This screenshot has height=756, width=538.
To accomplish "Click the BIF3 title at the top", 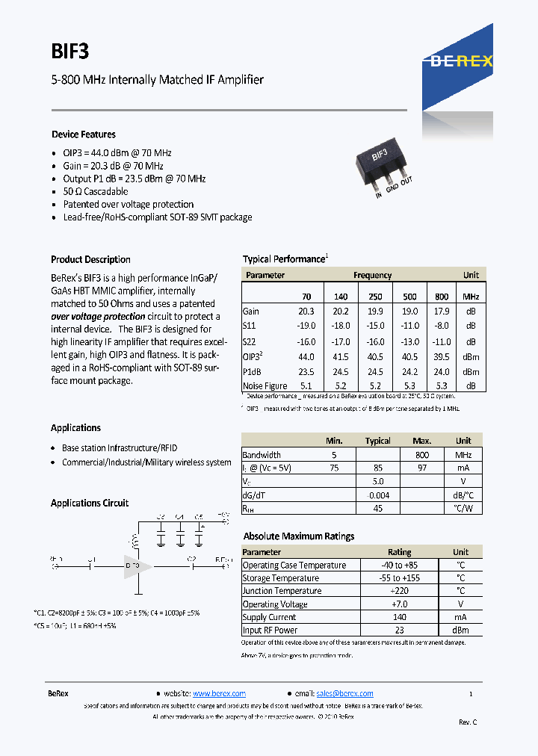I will coord(70,51).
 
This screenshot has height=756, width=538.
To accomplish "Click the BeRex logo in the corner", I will coord(461,61).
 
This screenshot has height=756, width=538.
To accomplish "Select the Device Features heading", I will coord(83,134).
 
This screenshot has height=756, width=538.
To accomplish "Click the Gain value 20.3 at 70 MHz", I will coord(306,312).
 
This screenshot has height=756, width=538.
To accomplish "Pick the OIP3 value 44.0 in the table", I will coord(306,357).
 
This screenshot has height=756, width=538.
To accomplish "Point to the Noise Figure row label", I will coord(265,386).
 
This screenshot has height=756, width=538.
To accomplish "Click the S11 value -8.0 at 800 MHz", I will coord(442,326).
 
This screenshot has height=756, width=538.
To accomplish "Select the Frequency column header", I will coord(372,275).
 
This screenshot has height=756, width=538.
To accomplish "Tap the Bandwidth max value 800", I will coord(422,454).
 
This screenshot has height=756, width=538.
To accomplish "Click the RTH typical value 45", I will coord(377,508).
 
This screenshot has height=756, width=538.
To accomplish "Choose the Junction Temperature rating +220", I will coord(399,591).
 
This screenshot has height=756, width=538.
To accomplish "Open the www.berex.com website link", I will coord(219,693).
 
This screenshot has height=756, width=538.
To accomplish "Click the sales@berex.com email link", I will coord(344,693).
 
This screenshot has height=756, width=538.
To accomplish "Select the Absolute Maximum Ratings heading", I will coord(298,536).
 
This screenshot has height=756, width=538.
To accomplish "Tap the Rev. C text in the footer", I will coord(467,722).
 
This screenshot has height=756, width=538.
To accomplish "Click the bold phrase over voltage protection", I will coord(97,317).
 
